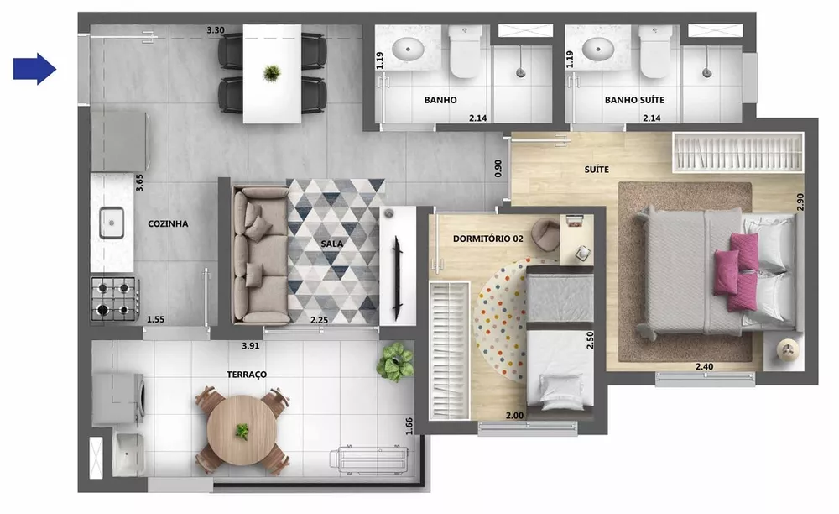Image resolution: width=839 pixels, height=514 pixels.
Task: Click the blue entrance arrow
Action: [34, 69]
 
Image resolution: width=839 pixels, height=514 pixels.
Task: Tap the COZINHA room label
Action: [168, 223]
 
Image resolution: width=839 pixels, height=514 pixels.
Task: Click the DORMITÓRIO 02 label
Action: [487, 239]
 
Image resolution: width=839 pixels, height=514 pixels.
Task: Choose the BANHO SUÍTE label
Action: [634, 100]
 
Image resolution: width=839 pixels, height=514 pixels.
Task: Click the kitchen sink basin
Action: [112, 223]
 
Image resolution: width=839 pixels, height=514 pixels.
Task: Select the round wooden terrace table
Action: [242, 431]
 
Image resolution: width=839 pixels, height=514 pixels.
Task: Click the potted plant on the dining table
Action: [271, 73]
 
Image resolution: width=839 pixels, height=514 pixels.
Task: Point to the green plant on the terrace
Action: [395, 362]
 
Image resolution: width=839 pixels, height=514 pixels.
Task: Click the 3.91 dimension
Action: [251, 345]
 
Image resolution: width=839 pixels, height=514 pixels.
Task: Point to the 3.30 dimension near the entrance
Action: [216, 30]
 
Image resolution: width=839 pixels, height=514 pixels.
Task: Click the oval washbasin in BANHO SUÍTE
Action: [601, 48]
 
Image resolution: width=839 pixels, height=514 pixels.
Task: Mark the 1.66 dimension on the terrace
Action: [409, 426]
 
